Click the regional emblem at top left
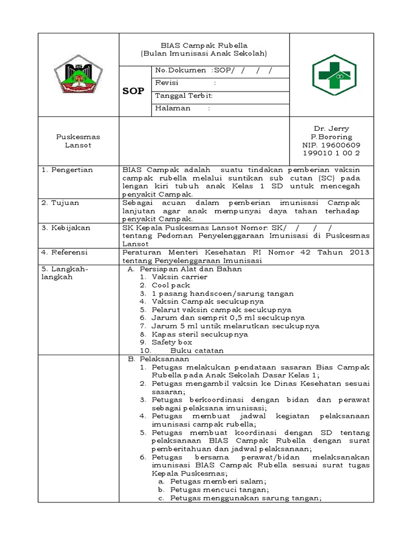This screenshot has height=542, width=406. pos(79,75)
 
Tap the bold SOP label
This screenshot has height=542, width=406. pos(133,91)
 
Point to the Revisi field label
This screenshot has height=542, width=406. pos(167,83)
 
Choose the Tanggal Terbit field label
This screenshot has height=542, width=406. pos(183,96)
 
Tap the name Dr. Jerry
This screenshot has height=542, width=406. pos(331,129)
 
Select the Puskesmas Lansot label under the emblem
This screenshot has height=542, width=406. pos(78,141)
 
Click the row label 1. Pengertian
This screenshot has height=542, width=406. pos(67,170)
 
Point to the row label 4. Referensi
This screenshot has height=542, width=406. pos(66,252)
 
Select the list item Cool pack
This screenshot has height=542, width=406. pos(170,285)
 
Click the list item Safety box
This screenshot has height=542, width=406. pos(171,342)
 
